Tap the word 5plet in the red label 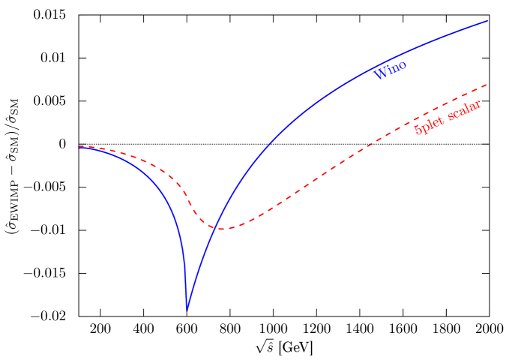429,125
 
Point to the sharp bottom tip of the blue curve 187,309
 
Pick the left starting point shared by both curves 79,147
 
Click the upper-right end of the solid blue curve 488,20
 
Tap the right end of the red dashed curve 488,84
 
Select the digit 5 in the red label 418,130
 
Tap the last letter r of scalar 478,103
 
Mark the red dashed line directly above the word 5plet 424,112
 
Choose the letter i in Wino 388,70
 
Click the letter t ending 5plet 440,120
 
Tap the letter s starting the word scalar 450,116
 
